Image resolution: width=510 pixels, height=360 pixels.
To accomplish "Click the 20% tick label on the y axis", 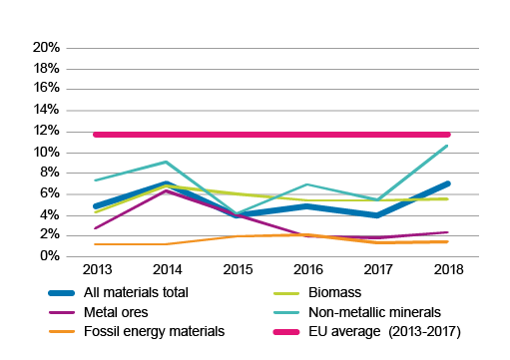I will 47,47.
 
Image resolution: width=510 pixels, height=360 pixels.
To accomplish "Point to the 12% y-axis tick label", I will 47,131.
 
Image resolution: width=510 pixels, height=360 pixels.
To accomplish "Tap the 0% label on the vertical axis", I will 50,256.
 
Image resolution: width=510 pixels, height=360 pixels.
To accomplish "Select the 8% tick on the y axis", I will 50,173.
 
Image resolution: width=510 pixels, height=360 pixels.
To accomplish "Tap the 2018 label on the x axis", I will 447,270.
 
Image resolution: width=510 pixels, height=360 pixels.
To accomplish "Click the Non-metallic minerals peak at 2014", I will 165,162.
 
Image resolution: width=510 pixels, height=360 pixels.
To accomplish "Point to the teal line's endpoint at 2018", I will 447,146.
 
